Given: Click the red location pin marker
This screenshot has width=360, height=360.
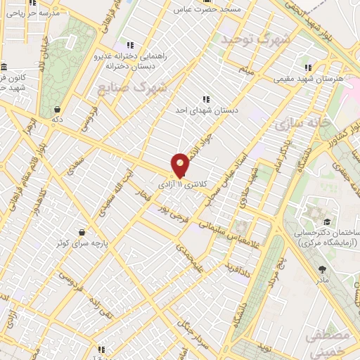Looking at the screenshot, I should point(181,165).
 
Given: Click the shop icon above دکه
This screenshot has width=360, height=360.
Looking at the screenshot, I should point(57,110).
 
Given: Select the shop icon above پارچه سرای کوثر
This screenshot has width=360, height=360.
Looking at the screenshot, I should point(83,232).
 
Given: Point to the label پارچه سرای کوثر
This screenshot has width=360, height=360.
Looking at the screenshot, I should point(84,243).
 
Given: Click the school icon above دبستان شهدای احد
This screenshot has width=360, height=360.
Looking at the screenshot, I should point(205,100).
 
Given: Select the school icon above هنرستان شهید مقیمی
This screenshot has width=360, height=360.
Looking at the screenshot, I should point(308,67).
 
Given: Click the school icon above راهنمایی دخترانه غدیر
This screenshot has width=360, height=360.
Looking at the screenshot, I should point(129,45).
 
